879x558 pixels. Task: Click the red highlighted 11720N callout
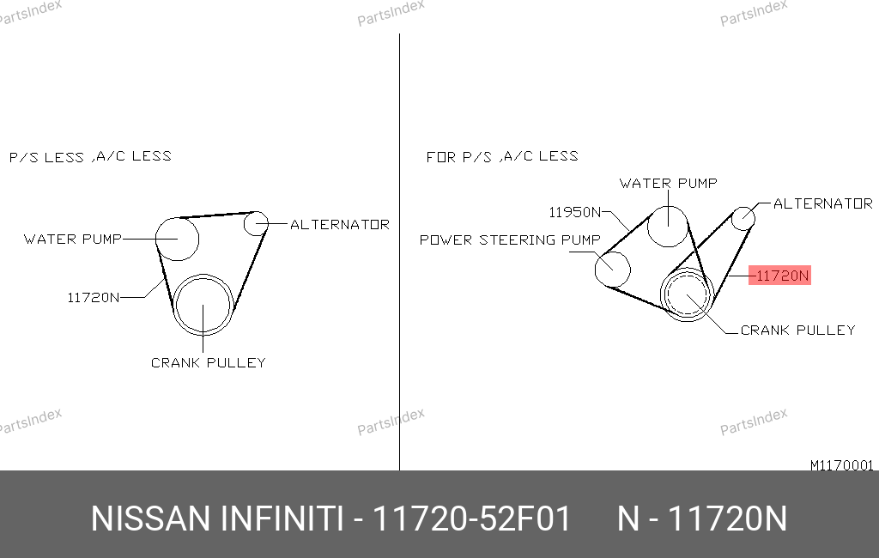[x=779, y=276]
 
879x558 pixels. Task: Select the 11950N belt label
[x=574, y=213]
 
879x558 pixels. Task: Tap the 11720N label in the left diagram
[x=93, y=298]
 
